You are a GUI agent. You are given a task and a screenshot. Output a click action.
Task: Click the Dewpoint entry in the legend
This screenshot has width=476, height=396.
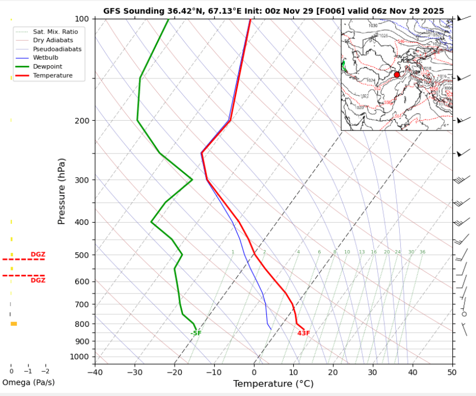pos(47,66)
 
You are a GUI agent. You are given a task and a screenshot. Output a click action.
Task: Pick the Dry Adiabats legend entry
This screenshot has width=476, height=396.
pos(53,41)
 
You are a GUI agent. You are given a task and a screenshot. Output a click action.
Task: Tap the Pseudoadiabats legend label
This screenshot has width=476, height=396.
pos(57,49)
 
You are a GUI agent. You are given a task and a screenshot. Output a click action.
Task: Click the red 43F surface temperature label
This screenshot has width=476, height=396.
pos(304,333)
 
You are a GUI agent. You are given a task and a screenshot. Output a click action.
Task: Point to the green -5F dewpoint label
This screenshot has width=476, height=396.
pos(196,333)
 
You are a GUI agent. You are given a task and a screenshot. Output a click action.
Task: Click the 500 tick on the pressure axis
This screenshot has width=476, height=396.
pos(82,255)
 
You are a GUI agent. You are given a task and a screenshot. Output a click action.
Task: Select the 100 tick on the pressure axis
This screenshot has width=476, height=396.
pos(82,19)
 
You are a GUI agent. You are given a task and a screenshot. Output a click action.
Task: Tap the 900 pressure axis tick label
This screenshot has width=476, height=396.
pos(82,341)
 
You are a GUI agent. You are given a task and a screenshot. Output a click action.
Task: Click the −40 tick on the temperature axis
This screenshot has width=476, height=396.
pos(94,373)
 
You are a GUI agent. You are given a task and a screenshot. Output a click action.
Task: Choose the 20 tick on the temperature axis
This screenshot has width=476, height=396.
pos(333,373)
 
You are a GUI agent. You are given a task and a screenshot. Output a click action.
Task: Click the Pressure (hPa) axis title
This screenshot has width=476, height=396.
pos(61,191)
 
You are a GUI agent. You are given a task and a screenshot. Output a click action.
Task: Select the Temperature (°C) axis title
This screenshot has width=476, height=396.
pos(273,384)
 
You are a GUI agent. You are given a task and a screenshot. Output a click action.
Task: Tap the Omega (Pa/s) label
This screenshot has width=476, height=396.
pos(29,382)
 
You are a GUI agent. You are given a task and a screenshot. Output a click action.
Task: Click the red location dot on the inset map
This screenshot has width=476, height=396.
pos(397,75)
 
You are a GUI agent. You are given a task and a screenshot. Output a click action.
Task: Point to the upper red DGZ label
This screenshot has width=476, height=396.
pos(38,254)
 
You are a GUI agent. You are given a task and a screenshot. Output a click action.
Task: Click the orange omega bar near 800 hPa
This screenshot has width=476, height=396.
pos(14,324)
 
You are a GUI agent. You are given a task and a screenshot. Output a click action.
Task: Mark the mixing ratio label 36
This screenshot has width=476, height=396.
pos(422,252)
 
